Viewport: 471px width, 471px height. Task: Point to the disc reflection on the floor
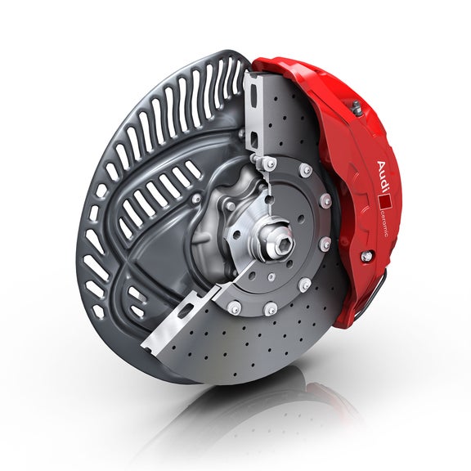(x=245, y=417)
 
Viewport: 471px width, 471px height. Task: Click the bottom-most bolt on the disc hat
(x=269, y=309)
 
